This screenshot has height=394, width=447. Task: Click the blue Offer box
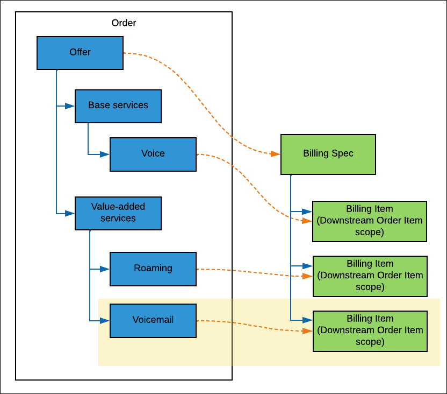click(x=80, y=53)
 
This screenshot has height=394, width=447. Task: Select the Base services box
click(x=118, y=106)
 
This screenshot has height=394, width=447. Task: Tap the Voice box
click(x=153, y=154)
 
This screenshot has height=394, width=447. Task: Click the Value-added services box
click(x=118, y=213)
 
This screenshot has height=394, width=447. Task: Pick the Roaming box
click(x=153, y=269)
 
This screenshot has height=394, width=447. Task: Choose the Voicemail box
click(x=153, y=321)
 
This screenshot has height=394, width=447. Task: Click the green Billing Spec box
click(x=328, y=154)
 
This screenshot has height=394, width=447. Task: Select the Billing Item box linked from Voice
click(x=370, y=221)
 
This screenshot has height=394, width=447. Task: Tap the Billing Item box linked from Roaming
click(x=370, y=276)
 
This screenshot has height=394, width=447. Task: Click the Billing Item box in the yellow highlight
click(x=370, y=330)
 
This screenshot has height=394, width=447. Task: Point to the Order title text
click(x=124, y=23)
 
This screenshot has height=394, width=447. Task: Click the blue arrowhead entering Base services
click(x=70, y=106)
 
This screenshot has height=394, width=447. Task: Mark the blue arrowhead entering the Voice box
click(x=105, y=154)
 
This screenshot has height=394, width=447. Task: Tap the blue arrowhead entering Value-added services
click(x=70, y=213)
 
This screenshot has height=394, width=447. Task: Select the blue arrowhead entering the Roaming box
click(x=105, y=269)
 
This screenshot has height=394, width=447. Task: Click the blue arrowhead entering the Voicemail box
click(x=105, y=321)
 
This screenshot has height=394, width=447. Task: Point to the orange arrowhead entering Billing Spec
click(x=276, y=154)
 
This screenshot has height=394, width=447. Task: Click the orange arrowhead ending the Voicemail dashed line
click(x=308, y=331)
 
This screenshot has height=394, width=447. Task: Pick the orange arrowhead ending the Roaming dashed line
click(x=308, y=276)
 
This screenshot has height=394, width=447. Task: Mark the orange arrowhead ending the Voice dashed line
click(x=308, y=221)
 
